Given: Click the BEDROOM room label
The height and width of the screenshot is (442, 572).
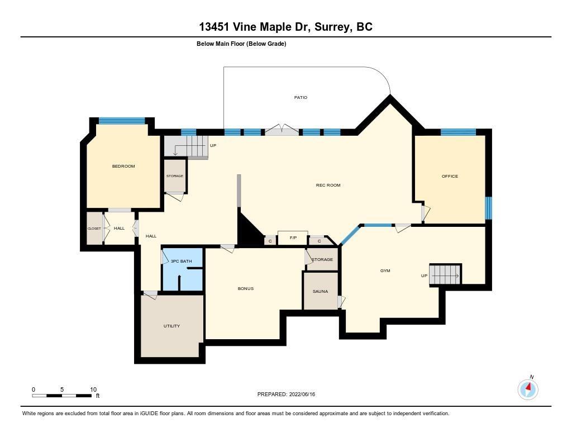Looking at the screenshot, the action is point(123,166).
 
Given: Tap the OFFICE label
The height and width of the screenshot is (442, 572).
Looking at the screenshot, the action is point(450,176).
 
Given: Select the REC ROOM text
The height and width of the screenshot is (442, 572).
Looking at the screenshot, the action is point(328,185).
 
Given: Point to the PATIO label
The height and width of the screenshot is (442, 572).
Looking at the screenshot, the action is point(301,97).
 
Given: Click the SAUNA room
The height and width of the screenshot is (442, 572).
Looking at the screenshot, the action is point(321,291).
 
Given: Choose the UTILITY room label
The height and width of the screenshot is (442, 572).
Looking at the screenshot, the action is point(171,326).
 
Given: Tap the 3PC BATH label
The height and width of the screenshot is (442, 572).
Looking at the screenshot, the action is point(182,261).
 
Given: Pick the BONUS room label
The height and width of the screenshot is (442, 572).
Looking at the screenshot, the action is point(246,288).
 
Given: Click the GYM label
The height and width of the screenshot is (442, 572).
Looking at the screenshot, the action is point(385,270).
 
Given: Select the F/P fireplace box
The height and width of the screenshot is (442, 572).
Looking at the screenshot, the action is point(293,238).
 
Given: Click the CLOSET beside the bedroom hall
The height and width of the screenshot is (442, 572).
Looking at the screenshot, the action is point(94,229).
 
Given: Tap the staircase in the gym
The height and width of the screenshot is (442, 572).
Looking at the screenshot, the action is point(445,274).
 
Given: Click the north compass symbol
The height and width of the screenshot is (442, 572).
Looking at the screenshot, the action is point(528,389).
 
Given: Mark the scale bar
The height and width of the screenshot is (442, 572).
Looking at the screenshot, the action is point(61,396).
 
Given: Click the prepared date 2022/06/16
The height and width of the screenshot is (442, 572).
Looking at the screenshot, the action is point(302,394).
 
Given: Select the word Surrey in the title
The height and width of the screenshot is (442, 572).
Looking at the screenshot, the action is point(333,27).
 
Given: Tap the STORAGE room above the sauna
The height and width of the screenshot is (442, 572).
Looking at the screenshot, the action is point(322,259).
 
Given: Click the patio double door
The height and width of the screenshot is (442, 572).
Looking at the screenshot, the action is point(282,130).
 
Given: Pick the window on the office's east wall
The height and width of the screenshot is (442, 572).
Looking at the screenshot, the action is point(488,208).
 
